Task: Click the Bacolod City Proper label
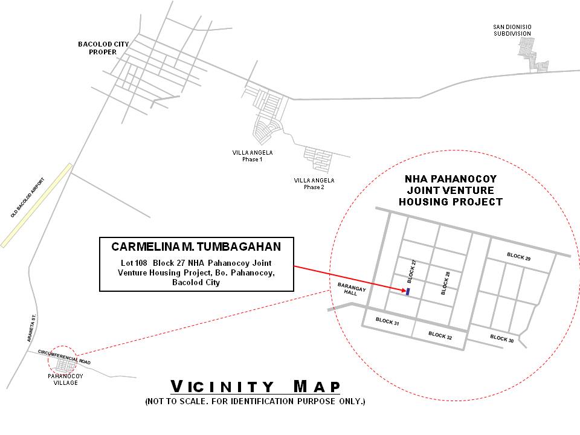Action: tap(103, 48)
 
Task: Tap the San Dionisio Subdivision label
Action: tap(512, 30)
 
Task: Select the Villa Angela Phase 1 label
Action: tap(253, 156)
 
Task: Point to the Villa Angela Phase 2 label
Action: tap(314, 184)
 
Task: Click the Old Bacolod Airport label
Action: tap(27, 198)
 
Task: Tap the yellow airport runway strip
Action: tap(36, 205)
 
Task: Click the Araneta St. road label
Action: tap(31, 328)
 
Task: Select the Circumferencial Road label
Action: tap(65, 357)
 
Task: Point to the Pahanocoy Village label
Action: tap(65, 379)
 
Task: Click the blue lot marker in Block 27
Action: tap(408, 291)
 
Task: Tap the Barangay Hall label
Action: tap(352, 289)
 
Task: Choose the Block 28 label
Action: tap(445, 283)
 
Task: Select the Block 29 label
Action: tap(518, 257)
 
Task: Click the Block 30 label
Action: tap(502, 338)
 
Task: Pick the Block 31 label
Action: tap(387, 321)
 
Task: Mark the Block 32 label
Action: tap(440, 335)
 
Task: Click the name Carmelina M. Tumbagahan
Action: tap(196, 246)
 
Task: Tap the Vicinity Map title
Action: tap(255, 387)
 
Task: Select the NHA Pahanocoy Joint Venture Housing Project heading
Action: tap(451, 190)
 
